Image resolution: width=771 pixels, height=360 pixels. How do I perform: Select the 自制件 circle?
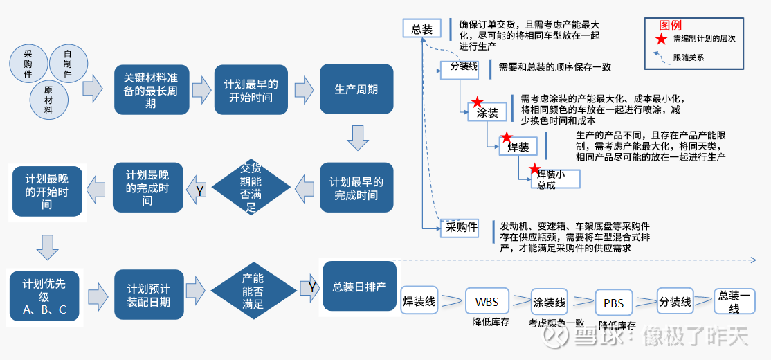click(x=67, y=63)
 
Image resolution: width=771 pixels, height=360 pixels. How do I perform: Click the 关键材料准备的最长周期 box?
click(x=150, y=90)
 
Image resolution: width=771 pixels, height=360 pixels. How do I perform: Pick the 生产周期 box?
click(x=356, y=89)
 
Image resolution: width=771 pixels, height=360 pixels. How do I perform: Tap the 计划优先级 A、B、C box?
click(x=44, y=296)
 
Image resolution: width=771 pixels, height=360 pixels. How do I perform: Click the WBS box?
click(x=487, y=302)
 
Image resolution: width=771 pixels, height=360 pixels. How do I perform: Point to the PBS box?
click(x=614, y=303)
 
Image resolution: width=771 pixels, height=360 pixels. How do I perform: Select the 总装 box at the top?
click(x=421, y=29)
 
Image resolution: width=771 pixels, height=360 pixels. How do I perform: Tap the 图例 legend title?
click(x=670, y=25)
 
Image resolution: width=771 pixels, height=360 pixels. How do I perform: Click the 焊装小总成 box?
click(x=555, y=179)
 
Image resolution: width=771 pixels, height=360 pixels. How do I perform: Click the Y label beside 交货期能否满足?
click(x=200, y=189)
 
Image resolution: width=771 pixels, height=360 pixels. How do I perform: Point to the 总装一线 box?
click(x=734, y=301)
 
